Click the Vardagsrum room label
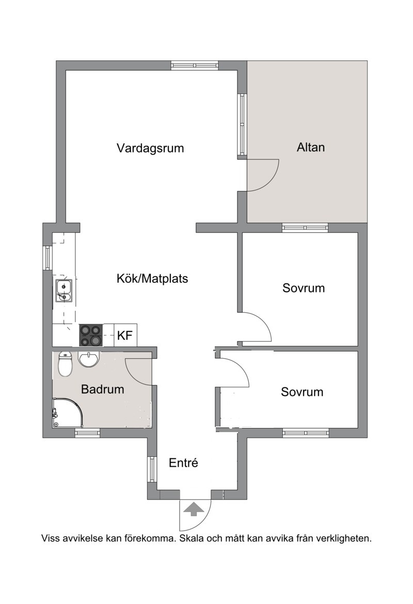[150, 148]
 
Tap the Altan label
[310, 147]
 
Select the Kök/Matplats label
[152, 278]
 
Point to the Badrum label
[103, 389]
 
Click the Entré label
[183, 462]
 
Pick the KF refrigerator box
[124, 335]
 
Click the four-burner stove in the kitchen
[91, 335]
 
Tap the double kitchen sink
[63, 291]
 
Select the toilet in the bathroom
[65, 364]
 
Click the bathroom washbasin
[89, 359]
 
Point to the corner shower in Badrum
[68, 412]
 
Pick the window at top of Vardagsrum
[195, 66]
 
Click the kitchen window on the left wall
[47, 258]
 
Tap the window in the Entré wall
[153, 470]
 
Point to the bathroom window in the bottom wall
[87, 433]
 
